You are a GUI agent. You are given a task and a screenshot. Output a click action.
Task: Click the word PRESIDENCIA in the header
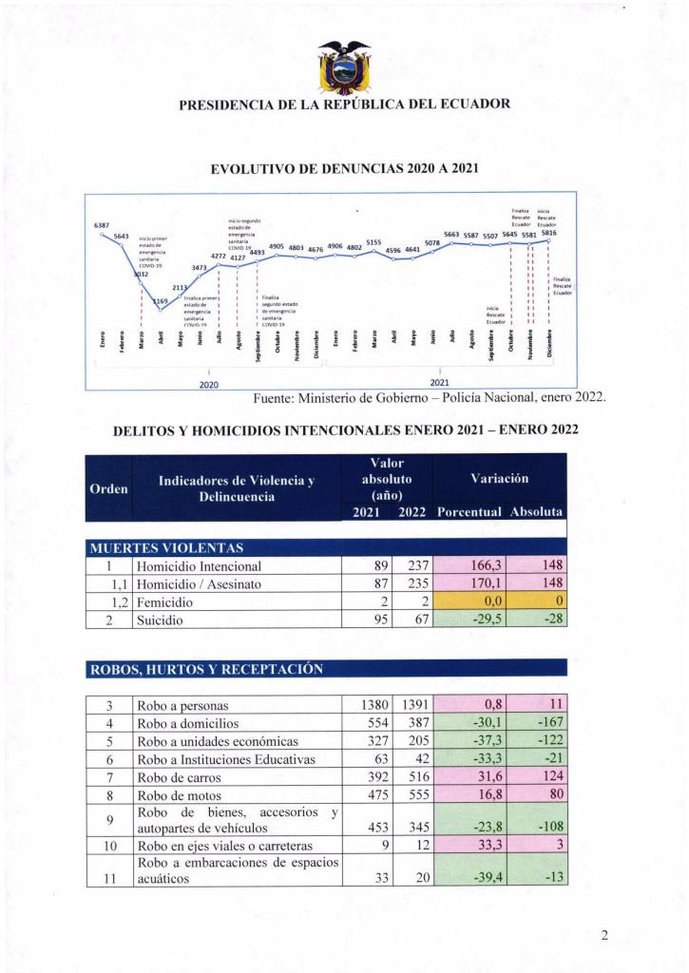click(223, 105)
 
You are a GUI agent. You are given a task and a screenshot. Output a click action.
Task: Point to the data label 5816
click(548, 233)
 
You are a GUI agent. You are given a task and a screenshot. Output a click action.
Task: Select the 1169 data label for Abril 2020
click(160, 301)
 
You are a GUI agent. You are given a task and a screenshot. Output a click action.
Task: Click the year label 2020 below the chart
click(209, 384)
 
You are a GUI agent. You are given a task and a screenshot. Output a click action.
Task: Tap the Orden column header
click(108, 488)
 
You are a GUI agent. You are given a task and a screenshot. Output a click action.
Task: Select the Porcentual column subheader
click(469, 512)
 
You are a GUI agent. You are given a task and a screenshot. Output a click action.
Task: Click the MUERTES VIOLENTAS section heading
click(166, 548)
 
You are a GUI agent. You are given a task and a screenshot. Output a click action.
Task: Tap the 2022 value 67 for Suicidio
click(415, 620)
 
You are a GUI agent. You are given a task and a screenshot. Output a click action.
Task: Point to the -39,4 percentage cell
click(469, 878)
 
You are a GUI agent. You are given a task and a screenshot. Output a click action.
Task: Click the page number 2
click(604, 935)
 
